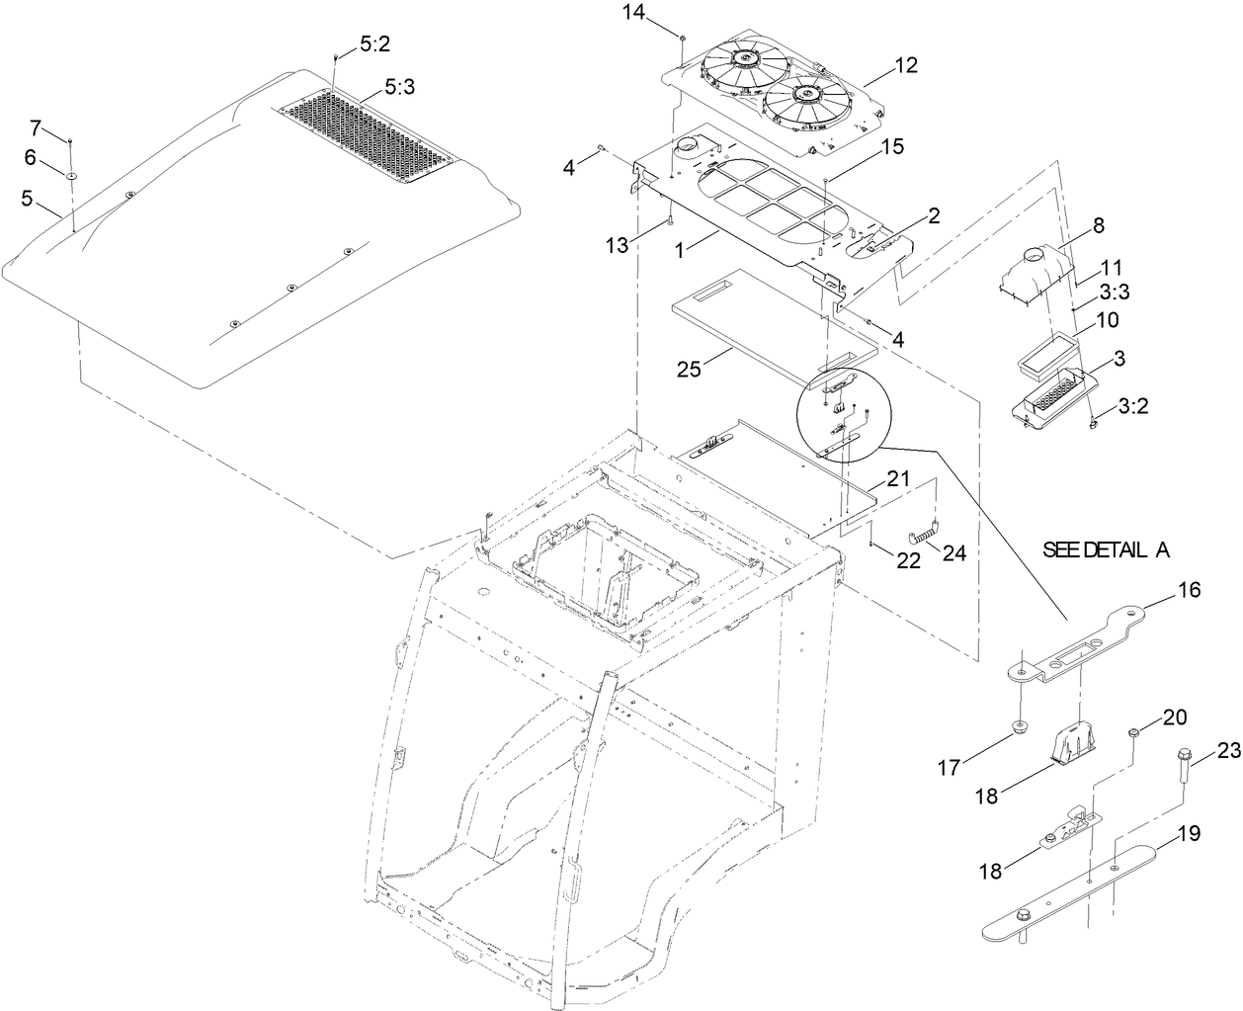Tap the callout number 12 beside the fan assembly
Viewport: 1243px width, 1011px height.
(906, 66)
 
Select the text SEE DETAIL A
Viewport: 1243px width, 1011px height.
(1106, 550)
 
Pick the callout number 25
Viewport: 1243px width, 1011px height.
(689, 369)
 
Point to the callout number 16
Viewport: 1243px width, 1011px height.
(1189, 590)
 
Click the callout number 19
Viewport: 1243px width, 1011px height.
(1190, 833)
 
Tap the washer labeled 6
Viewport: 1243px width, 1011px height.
(74, 175)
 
